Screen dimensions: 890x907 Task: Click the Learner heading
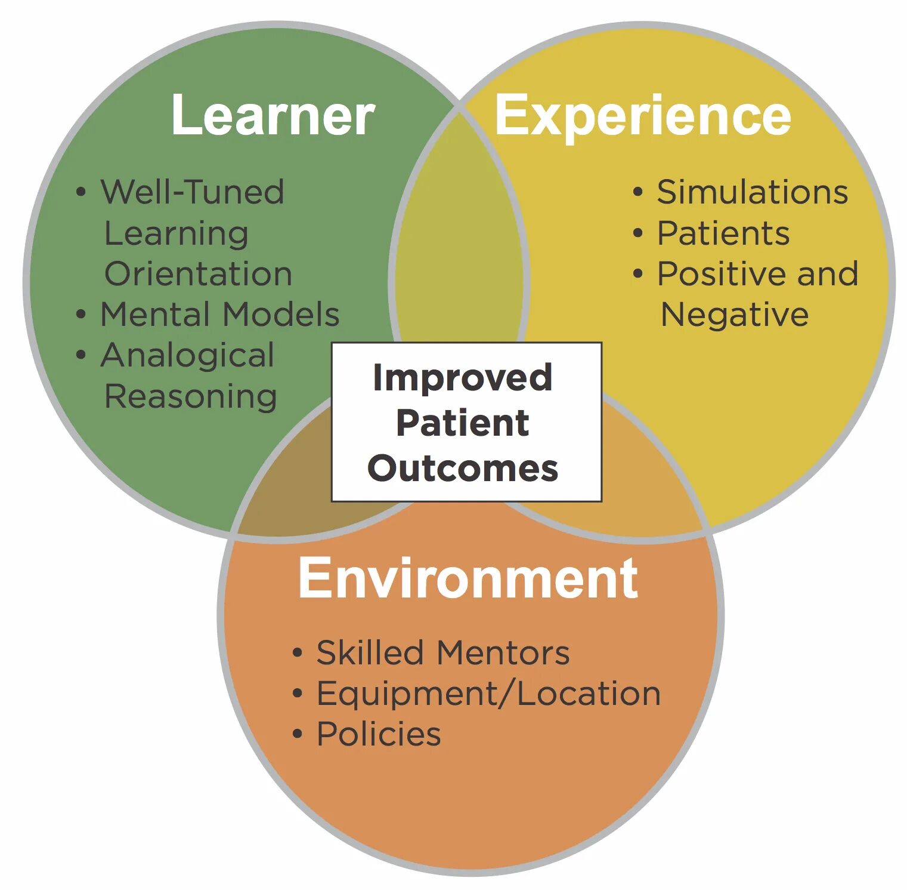tap(273, 115)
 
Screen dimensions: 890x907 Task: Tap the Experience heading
tap(643, 115)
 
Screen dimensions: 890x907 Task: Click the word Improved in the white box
tap(463, 378)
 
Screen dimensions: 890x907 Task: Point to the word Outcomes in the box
tap(463, 469)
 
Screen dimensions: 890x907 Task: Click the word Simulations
tap(753, 192)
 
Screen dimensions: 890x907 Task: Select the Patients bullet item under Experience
tap(723, 233)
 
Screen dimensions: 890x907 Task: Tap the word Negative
tap(735, 315)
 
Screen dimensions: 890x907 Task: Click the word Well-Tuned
tap(192, 192)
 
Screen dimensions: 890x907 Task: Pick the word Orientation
tap(198, 274)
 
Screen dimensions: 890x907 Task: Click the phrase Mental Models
tap(220, 315)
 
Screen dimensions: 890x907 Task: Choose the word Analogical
tap(187, 356)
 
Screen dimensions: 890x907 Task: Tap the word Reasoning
tap(191, 396)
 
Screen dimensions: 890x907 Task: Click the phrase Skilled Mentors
tap(443, 652)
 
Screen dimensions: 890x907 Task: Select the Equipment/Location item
tap(488, 694)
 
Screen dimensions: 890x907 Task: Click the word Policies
tap(379, 734)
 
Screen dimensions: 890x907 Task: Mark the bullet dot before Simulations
tap(638, 193)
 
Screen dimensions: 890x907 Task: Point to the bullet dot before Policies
tap(298, 734)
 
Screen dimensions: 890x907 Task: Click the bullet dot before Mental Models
tap(81, 315)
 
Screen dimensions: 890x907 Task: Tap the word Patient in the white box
tap(463, 423)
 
